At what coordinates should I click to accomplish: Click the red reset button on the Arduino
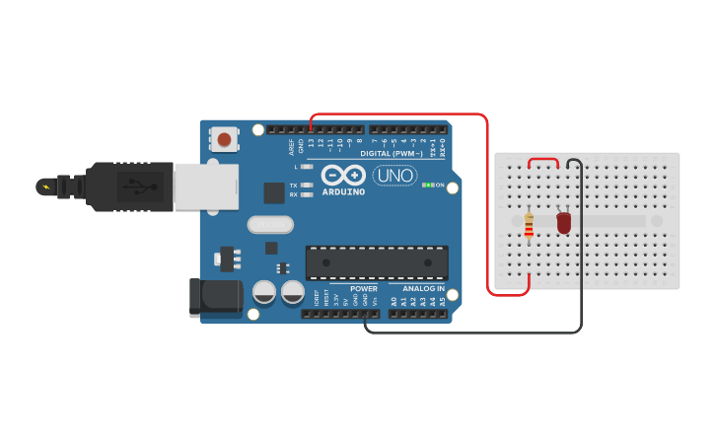coord(226,139)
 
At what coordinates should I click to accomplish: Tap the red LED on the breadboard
coord(563,223)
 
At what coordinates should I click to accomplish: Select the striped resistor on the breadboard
coord(530,226)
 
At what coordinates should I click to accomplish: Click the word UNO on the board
coord(394,175)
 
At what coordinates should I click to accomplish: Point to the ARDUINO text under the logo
coord(343,191)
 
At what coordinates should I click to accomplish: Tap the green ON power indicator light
coord(429,185)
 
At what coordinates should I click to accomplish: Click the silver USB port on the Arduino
coord(206,186)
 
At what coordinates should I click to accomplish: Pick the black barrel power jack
coord(215,296)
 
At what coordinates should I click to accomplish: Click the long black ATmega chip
coord(377,262)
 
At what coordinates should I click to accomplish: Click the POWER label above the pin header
coord(364,289)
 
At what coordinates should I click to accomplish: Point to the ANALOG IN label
coord(422,289)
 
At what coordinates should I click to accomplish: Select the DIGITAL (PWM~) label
coord(390,154)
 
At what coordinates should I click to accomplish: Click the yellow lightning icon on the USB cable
coord(44,186)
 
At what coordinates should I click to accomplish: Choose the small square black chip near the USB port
coord(274,192)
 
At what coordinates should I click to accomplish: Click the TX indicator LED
coord(308,185)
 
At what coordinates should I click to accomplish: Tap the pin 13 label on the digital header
coord(312,144)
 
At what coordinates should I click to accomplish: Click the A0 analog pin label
coord(393,301)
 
